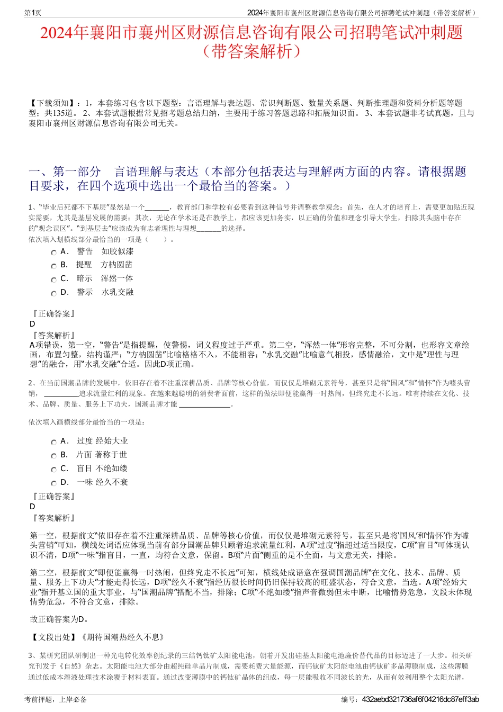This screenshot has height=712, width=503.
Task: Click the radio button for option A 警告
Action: point(53,253)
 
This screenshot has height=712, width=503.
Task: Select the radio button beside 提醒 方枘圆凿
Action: point(53,266)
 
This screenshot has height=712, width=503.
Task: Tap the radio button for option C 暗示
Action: point(53,280)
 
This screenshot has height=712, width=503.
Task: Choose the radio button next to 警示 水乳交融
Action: point(53,293)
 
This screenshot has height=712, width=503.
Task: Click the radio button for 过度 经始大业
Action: point(53,442)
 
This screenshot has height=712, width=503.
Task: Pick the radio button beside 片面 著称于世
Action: point(53,456)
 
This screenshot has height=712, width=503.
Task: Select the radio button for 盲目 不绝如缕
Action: point(53,470)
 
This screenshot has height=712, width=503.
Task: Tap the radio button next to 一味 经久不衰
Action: point(53,483)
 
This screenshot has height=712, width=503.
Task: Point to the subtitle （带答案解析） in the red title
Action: point(251,51)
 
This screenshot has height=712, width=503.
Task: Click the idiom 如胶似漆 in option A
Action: point(118,251)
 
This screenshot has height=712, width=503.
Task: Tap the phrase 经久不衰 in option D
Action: point(112,482)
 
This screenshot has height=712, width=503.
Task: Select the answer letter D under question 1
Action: point(32,324)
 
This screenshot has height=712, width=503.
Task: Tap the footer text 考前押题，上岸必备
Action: point(56,700)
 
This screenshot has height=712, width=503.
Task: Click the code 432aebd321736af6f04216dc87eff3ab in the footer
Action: point(420,700)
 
